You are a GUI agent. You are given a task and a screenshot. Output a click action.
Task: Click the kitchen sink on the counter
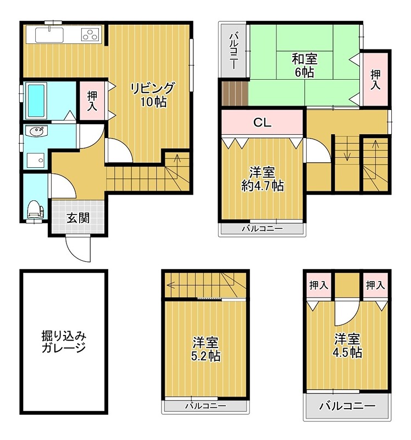pyautogui.click(x=49, y=35)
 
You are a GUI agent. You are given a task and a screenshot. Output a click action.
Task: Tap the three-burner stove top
pyautogui.click(x=90, y=35)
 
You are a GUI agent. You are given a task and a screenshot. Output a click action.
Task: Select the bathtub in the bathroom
pyautogui.click(x=37, y=100)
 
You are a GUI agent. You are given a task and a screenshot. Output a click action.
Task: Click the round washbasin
pyautogui.click(x=37, y=131)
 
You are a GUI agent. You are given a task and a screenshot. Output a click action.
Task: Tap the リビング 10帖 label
pyautogui.click(x=152, y=95)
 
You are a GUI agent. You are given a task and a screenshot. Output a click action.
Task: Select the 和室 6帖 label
pyautogui.click(x=304, y=65)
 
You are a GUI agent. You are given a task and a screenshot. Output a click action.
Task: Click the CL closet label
pyautogui.click(x=262, y=123)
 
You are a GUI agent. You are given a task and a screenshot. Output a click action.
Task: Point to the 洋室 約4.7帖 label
pyautogui.click(x=263, y=179)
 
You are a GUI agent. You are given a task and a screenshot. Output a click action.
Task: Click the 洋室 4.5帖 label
pyautogui.click(x=348, y=345)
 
